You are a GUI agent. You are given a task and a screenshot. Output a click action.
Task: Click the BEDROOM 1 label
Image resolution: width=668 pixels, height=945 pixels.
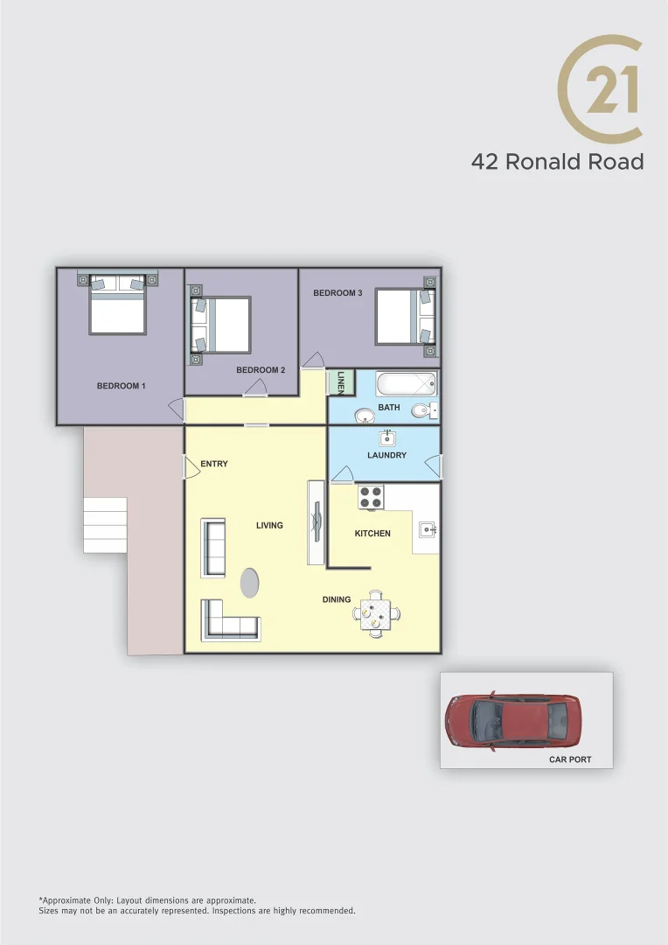[121, 386]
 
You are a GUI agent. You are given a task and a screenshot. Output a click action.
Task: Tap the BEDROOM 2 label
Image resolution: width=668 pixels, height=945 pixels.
[261, 370]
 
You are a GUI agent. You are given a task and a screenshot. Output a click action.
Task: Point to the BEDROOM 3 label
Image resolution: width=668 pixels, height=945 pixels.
[337, 293]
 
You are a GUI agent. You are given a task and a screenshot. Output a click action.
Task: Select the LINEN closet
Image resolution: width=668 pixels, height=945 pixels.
[340, 383]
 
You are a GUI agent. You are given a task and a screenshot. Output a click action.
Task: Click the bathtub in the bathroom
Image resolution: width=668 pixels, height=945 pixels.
[405, 384]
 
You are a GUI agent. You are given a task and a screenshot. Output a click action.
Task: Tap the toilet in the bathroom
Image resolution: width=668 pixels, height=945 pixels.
[424, 409]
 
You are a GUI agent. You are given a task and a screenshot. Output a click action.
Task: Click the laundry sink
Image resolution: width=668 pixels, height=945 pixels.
[386, 437]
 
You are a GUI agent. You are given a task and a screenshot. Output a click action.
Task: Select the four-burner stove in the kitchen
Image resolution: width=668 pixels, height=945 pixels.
[372, 497]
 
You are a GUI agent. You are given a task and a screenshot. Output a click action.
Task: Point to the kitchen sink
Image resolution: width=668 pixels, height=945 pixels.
[428, 528]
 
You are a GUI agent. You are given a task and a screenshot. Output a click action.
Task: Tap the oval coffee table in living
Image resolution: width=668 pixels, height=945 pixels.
[250, 583]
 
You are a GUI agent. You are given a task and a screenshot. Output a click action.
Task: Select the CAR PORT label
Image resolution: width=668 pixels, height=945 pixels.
[570, 759]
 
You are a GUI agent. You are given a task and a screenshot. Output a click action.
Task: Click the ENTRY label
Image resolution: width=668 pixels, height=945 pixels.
[214, 464]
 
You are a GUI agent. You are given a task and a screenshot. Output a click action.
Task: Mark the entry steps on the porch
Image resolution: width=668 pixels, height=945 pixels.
[105, 525]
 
